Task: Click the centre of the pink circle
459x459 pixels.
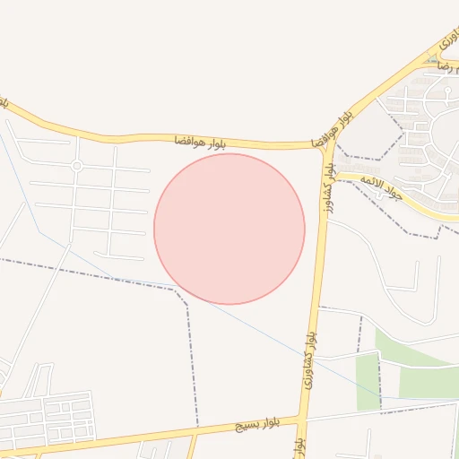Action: [229, 229]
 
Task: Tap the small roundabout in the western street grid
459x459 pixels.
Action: [77, 166]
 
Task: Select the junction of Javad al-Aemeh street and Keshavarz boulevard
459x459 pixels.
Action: [333, 173]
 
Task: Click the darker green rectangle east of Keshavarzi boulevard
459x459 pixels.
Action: [368, 381]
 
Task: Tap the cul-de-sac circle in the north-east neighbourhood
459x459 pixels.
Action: [446, 91]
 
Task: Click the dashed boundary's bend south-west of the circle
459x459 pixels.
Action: [186, 295]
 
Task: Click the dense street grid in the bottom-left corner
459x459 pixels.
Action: [49, 418]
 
